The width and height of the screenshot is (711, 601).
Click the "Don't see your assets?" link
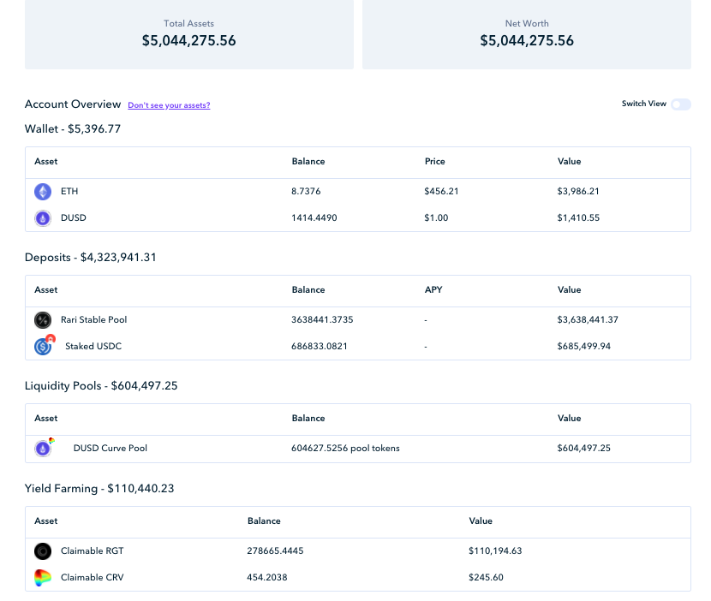click(169, 105)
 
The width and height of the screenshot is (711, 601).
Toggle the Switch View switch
click(681, 104)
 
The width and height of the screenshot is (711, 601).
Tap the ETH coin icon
click(43, 192)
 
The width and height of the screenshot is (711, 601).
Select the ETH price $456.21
click(441, 191)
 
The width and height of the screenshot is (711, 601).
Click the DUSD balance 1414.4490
click(314, 218)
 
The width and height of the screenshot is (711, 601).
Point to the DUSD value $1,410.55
click(578, 218)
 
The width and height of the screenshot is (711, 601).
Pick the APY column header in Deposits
click(433, 289)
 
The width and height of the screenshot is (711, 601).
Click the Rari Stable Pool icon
click(43, 320)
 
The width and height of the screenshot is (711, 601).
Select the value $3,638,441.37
click(588, 320)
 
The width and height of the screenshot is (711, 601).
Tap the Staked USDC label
click(93, 346)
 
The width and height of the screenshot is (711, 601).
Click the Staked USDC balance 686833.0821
click(320, 346)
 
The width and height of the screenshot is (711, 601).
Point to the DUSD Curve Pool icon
click(44, 448)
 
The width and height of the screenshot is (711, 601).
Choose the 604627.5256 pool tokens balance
click(345, 449)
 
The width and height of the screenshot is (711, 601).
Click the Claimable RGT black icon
click(43, 551)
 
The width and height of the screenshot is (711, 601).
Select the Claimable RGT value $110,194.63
click(495, 551)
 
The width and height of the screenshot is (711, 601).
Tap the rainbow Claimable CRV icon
click(43, 577)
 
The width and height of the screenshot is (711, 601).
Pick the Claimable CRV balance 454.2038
click(267, 577)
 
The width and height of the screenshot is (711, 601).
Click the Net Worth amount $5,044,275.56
click(527, 41)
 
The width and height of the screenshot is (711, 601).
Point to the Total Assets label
click(188, 24)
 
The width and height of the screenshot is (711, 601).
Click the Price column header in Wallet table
click(435, 161)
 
